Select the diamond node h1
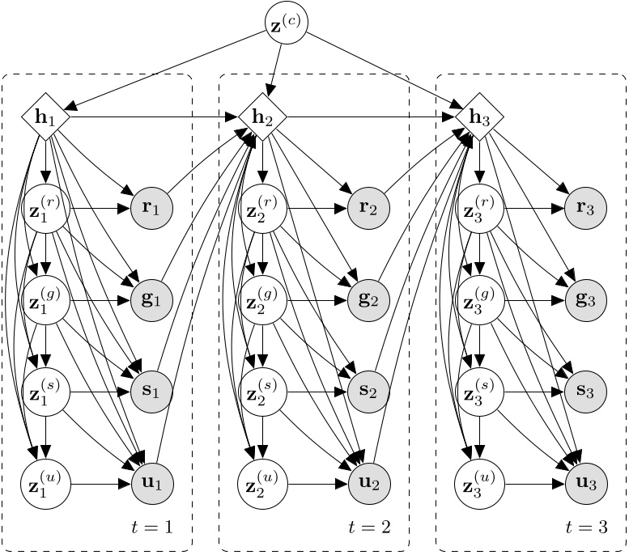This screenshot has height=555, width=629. [46, 117]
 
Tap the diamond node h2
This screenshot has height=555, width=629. [262, 117]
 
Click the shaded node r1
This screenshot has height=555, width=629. [152, 208]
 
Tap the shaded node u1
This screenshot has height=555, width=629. [152, 485]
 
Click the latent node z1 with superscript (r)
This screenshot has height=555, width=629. [46, 208]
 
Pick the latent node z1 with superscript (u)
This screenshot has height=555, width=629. [46, 485]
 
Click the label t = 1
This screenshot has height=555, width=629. [151, 527]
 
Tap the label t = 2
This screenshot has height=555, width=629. [369, 527]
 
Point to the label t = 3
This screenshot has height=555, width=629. [586, 527]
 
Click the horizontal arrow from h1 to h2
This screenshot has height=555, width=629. [154, 117]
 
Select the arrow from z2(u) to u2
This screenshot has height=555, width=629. [316, 485]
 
